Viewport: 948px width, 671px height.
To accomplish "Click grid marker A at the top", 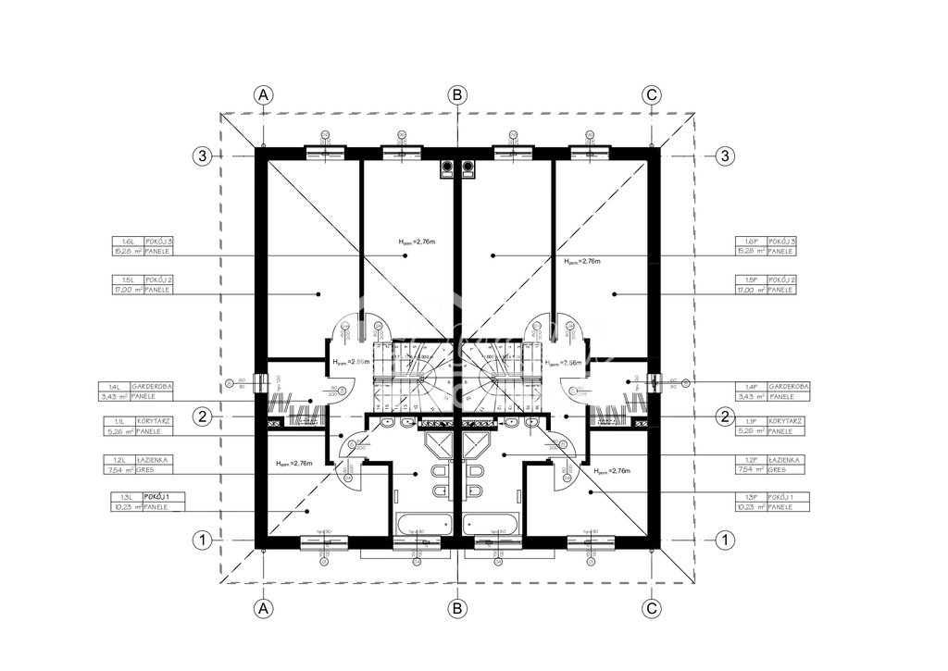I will pyautogui.click(x=264, y=94).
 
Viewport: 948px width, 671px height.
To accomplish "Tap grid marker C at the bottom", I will pyautogui.click(x=652, y=608).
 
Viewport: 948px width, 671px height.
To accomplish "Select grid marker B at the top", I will pyautogui.click(x=456, y=94).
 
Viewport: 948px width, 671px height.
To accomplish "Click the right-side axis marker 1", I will pyautogui.click(x=726, y=539).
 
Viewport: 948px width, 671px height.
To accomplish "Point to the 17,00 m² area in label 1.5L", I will pyautogui.click(x=126, y=290).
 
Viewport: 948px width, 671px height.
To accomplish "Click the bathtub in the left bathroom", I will pyautogui.click(x=420, y=524).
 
